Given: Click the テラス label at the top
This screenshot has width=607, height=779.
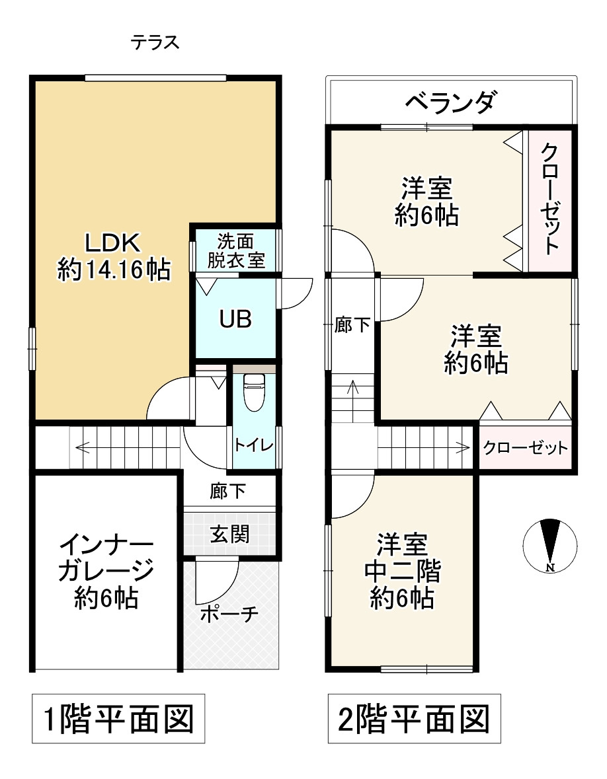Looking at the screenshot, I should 155,43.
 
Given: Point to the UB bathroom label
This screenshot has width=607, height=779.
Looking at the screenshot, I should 235,319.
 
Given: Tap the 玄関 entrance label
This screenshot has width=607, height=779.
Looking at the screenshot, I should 229,534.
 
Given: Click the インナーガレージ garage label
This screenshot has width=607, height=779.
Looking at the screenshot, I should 106,572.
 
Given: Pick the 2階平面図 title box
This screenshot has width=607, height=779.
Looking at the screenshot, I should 415,719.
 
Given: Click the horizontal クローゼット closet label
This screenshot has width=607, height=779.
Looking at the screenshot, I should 525,448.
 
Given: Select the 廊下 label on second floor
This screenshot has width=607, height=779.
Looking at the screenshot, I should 352,326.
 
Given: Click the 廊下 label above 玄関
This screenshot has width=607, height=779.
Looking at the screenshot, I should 228,491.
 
